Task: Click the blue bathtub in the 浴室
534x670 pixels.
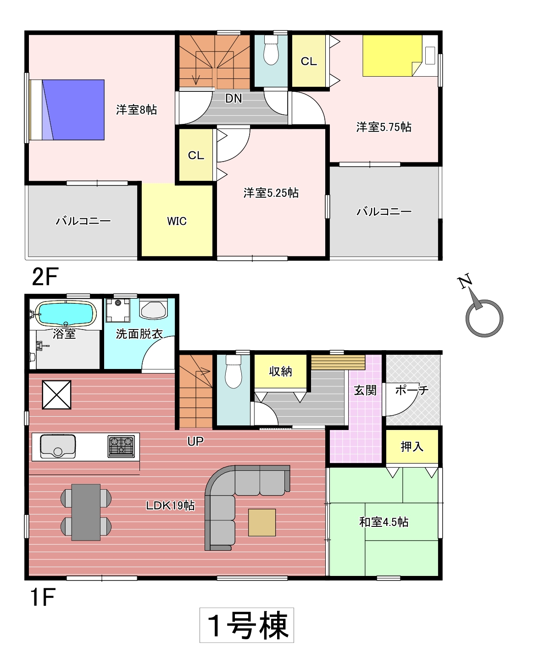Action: pyautogui.click(x=66, y=314)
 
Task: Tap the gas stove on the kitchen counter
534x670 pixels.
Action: pyautogui.click(x=121, y=446)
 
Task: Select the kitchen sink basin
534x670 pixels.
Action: pyautogui.click(x=58, y=446)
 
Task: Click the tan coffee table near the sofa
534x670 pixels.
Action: pyautogui.click(x=261, y=522)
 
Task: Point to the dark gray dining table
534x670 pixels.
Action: pyautogui.click(x=86, y=512)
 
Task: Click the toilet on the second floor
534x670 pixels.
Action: pyautogui.click(x=271, y=50)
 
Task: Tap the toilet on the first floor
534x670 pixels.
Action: pyautogui.click(x=233, y=371)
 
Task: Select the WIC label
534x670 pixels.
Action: pyautogui.click(x=177, y=221)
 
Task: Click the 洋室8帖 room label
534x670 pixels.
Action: pyautogui.click(x=136, y=110)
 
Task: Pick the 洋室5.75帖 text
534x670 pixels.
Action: pyautogui.click(x=384, y=127)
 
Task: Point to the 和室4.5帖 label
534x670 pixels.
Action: pyautogui.click(x=384, y=522)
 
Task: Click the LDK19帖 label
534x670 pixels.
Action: pyautogui.click(x=170, y=505)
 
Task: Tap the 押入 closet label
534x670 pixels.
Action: pyautogui.click(x=412, y=447)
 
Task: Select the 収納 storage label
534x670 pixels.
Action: pyautogui.click(x=280, y=371)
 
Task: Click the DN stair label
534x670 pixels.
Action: pyautogui.click(x=233, y=99)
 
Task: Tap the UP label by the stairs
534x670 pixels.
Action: pyautogui.click(x=195, y=441)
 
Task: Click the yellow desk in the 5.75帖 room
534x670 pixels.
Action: pyautogui.click(x=392, y=56)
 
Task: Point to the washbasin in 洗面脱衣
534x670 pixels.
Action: pyautogui.click(x=154, y=308)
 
